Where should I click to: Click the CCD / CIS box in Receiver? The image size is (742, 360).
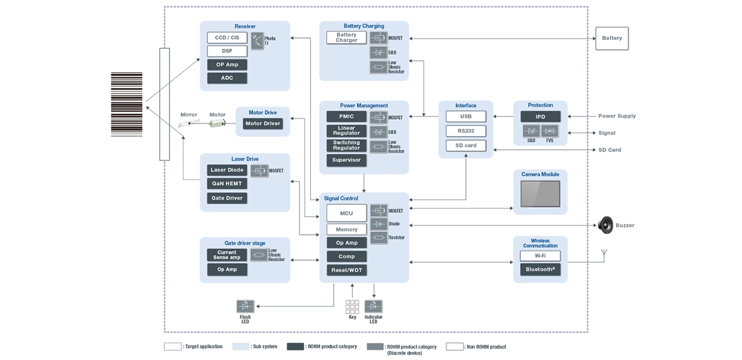[x=226, y=38]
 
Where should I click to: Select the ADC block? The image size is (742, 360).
[x=226, y=78]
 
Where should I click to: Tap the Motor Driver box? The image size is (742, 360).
[x=263, y=124]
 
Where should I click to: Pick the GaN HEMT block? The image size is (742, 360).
[x=226, y=184]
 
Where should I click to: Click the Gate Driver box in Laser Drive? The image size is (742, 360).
[x=226, y=198]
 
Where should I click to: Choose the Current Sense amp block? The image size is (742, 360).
[x=226, y=255]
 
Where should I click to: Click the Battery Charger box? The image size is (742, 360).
[x=346, y=38]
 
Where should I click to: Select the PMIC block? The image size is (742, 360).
[x=346, y=117]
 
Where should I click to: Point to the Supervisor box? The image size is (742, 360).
[x=346, y=160]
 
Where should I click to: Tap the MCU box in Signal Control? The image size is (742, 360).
[x=346, y=213]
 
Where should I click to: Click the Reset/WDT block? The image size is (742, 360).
[x=346, y=270]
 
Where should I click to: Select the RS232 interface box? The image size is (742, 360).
[x=465, y=131]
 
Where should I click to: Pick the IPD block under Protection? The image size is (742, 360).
[x=540, y=117]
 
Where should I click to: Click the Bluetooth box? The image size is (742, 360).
[x=540, y=269]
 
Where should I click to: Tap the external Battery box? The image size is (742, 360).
[x=611, y=39]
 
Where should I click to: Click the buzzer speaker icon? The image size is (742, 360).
[x=606, y=224]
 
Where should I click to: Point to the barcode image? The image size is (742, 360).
[x=127, y=105]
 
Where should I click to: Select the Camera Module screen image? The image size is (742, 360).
[x=540, y=194]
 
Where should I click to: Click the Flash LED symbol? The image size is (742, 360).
[x=245, y=306]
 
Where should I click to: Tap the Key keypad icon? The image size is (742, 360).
[x=352, y=307]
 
